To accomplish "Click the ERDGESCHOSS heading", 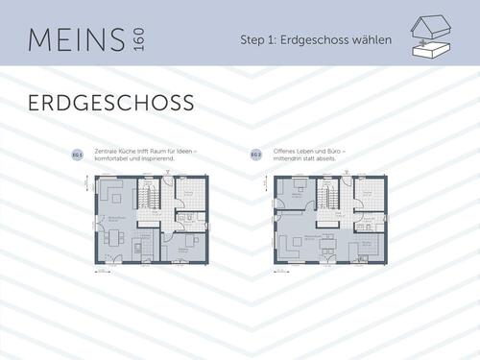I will tap(110, 102).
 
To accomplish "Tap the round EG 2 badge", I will tap(255, 155).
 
